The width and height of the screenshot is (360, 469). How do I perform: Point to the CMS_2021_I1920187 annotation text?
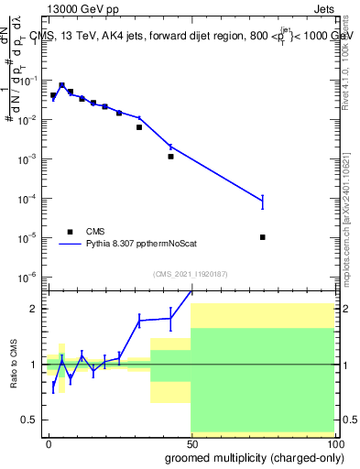click(x=190, y=274)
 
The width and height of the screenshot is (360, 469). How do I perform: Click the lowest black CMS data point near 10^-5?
click(x=263, y=237)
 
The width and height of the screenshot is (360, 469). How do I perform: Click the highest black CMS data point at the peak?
click(x=61, y=85)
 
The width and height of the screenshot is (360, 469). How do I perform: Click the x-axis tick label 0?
click(x=49, y=442)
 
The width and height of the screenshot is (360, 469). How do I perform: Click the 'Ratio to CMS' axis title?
click(x=12, y=364)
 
